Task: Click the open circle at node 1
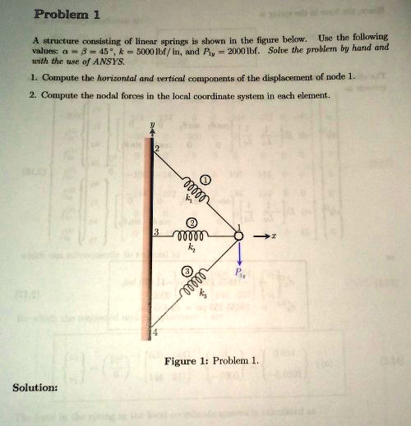[x=239, y=236]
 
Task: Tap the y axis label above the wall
[x=151, y=128]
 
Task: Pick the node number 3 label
[x=155, y=232]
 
